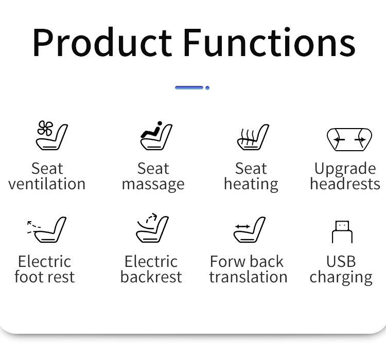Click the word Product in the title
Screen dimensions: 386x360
(x=102, y=42)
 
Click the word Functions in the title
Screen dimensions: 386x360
(x=269, y=42)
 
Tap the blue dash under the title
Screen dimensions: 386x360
(x=189, y=87)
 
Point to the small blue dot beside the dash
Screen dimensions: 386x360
(x=207, y=88)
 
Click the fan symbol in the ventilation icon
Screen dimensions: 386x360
(x=45, y=128)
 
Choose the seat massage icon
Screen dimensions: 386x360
(x=156, y=136)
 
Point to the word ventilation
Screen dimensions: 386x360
(x=47, y=184)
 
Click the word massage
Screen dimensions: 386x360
(x=153, y=185)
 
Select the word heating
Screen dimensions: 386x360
(x=251, y=184)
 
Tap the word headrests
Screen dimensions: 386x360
(x=345, y=184)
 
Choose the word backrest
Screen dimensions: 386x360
(x=151, y=277)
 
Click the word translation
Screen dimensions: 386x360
(x=249, y=277)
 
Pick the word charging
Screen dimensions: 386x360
(x=341, y=278)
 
